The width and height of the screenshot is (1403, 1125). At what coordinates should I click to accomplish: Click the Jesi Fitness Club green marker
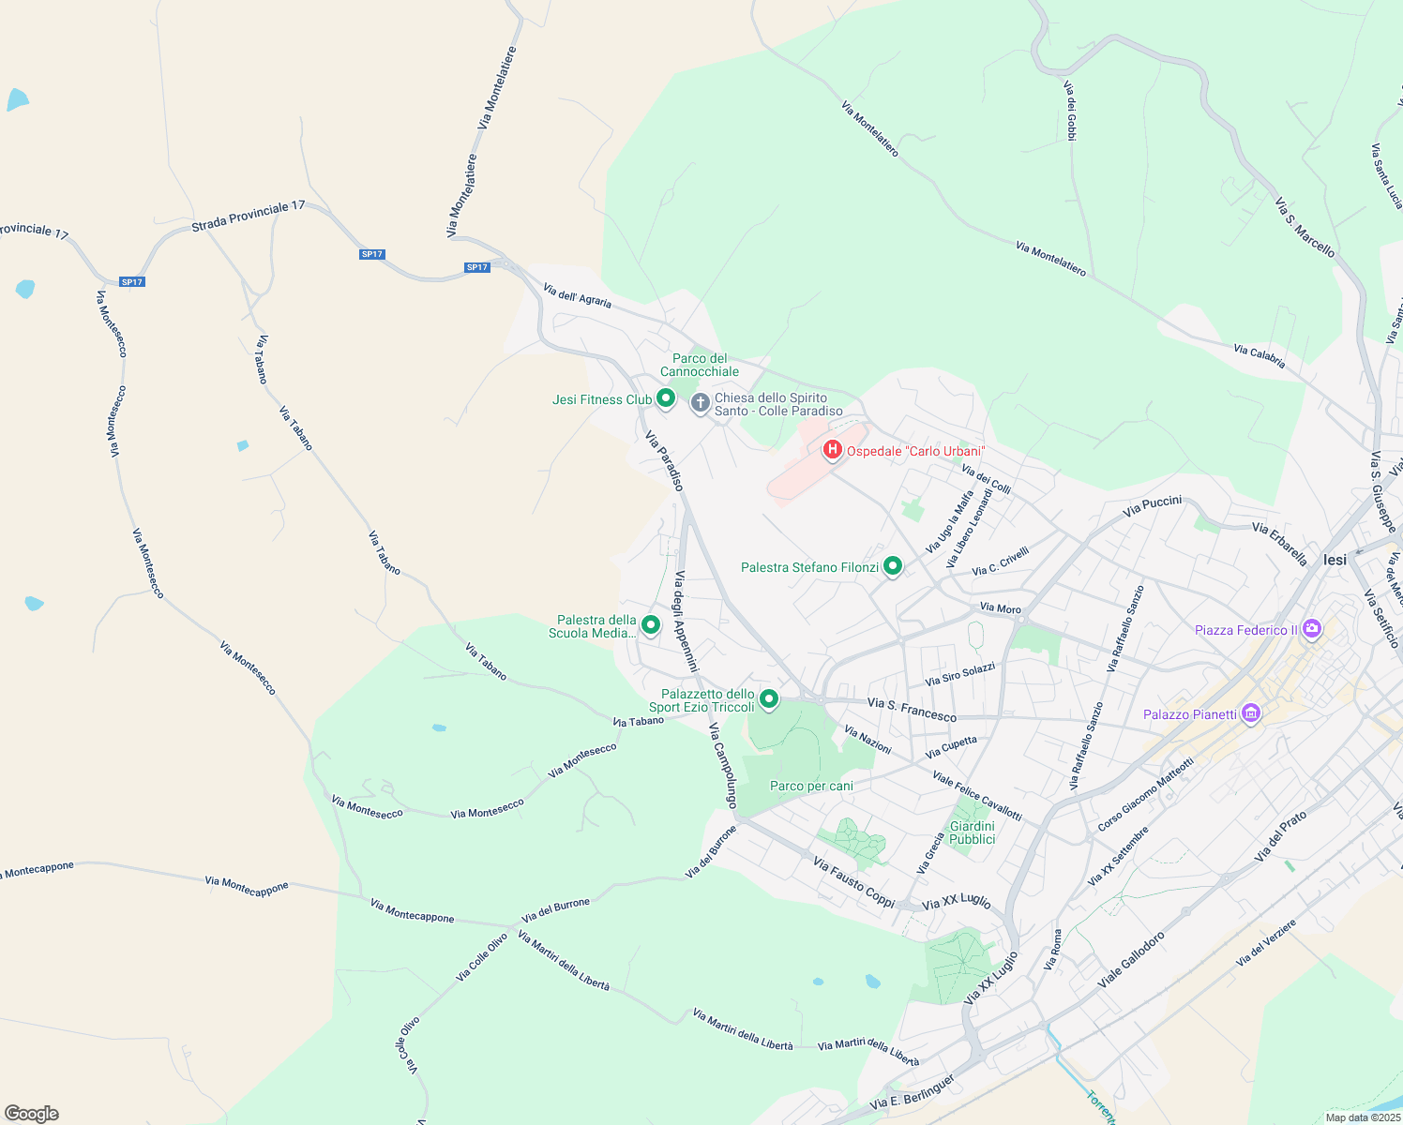pos(665,398)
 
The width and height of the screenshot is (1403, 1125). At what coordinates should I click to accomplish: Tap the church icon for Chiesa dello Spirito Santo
pos(700,403)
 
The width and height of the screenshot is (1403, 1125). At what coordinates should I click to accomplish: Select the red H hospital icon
pos(832,450)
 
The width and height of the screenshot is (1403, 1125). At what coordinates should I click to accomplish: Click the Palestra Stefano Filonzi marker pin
pos(893,565)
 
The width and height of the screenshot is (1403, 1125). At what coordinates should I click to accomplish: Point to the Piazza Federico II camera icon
pos(1312,628)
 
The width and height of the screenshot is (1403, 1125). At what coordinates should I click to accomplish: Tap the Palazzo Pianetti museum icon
pos(1250,713)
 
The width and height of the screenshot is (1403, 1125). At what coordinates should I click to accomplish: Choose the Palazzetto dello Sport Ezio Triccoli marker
pos(769,698)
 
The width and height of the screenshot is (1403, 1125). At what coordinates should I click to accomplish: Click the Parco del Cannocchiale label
pos(700,365)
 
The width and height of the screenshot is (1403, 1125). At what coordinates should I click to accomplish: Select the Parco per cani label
pos(811,786)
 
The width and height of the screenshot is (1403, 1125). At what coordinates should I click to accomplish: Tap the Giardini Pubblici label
pos(973,832)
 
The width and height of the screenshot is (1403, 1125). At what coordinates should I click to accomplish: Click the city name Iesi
pos(1335,560)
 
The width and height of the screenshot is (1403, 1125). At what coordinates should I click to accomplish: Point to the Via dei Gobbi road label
pos(1070,111)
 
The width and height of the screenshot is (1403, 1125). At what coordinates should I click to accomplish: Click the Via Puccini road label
pos(1153,506)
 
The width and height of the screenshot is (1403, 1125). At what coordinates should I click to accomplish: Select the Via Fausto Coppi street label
pos(854,882)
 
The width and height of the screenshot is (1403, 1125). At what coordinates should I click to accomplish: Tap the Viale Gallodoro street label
pos(1131,959)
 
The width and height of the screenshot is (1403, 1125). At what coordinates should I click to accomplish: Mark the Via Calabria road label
pos(1260,356)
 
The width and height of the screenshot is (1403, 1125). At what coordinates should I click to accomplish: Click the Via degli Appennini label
pos(686,621)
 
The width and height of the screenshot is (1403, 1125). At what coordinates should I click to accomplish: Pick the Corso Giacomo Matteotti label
pos(1145,793)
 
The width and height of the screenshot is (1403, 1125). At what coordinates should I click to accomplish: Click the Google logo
pos(31,1114)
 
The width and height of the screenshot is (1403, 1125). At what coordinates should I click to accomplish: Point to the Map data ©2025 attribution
pos(1363,1117)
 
